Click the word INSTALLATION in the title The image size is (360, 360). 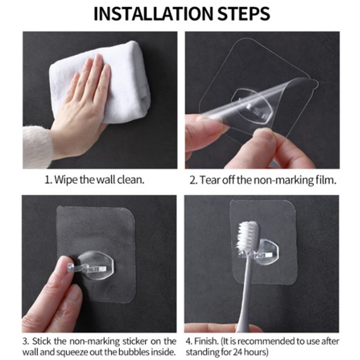154,14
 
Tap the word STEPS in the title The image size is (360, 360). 244,14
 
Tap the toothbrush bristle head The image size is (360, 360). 248,236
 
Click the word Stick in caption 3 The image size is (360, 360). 41,341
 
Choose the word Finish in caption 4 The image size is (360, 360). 206,341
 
